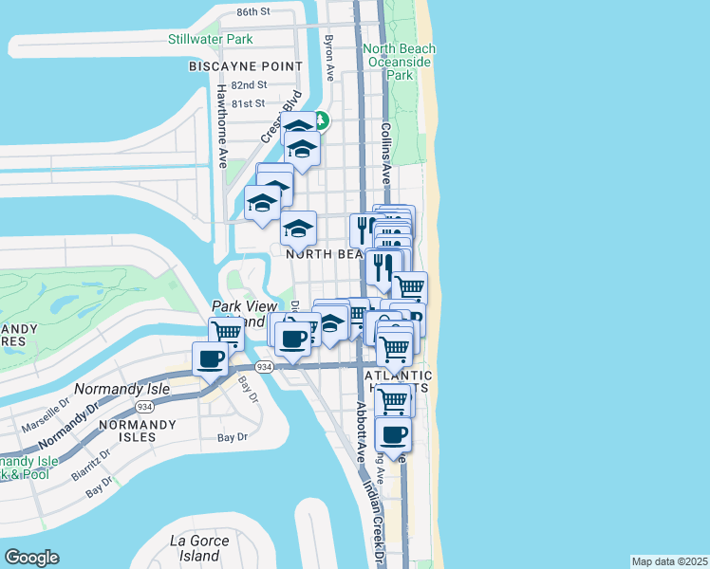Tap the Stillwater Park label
coord(210,39)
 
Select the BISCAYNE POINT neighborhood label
coord(246,66)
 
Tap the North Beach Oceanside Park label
coord(399,62)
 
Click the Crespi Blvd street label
coord(283,116)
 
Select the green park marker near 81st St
coord(321,120)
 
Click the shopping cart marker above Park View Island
coord(227,333)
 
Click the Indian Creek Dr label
coord(376,517)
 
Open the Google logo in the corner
coord(31,558)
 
